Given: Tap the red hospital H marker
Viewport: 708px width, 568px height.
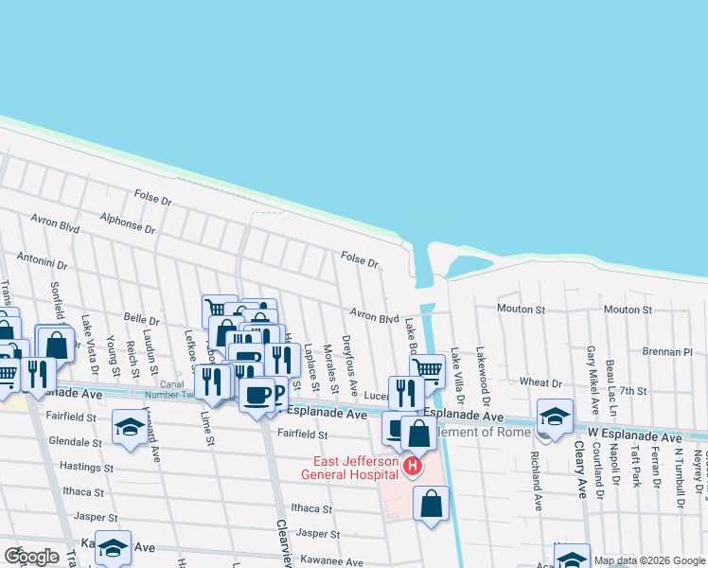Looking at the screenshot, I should (412, 467).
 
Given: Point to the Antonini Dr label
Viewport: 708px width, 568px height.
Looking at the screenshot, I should (42, 261).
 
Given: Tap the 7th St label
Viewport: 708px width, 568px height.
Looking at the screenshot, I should (633, 391).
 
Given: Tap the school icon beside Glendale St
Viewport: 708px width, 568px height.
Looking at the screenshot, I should (131, 427).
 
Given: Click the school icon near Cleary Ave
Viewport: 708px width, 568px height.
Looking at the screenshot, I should (555, 417).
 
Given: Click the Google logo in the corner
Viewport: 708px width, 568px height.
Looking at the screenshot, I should (30, 557).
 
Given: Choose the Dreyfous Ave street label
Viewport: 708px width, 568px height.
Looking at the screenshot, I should (349, 365).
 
